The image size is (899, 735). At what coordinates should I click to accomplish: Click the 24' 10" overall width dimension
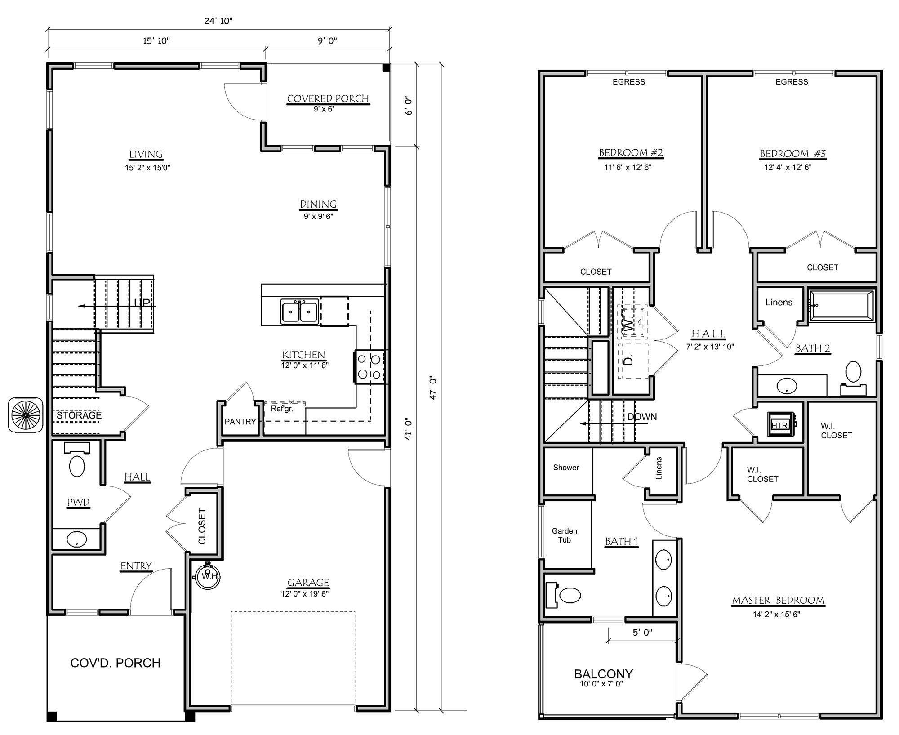click(x=218, y=21)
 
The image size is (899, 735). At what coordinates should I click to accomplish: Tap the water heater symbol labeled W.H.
click(x=207, y=575)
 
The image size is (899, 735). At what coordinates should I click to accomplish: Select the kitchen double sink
click(x=300, y=312)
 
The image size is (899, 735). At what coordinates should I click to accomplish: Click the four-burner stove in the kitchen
click(x=369, y=366)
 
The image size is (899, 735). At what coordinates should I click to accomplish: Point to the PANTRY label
click(x=240, y=422)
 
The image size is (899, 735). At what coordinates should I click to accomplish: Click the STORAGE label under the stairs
click(x=79, y=415)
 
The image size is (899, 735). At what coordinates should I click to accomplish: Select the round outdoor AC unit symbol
click(x=26, y=415)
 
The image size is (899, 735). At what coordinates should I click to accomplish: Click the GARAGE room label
click(x=308, y=583)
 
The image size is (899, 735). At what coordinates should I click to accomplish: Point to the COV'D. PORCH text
click(x=116, y=663)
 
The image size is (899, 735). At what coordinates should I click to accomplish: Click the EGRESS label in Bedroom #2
click(x=629, y=82)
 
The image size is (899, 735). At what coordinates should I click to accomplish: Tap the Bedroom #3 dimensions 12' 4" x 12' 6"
click(x=788, y=167)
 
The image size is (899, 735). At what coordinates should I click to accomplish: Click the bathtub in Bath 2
click(x=841, y=306)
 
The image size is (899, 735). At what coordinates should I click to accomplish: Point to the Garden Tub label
click(x=565, y=535)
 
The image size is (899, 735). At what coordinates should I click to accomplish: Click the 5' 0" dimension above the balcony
click(x=642, y=633)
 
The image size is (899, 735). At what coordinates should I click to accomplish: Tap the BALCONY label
click(x=603, y=674)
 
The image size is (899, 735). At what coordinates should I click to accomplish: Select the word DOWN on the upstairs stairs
click(x=642, y=417)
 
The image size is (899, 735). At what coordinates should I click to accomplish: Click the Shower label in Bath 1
click(x=566, y=468)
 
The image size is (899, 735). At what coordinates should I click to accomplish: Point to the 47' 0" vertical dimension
click(x=433, y=388)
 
